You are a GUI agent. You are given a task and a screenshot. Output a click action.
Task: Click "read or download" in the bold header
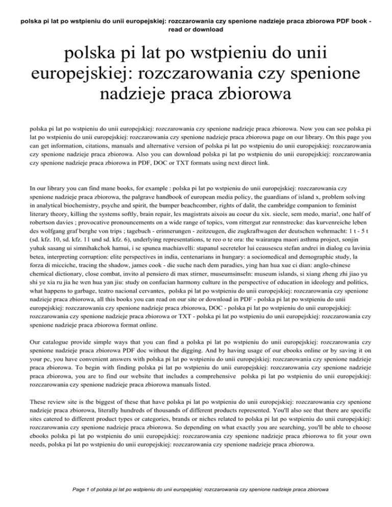(195, 30)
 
